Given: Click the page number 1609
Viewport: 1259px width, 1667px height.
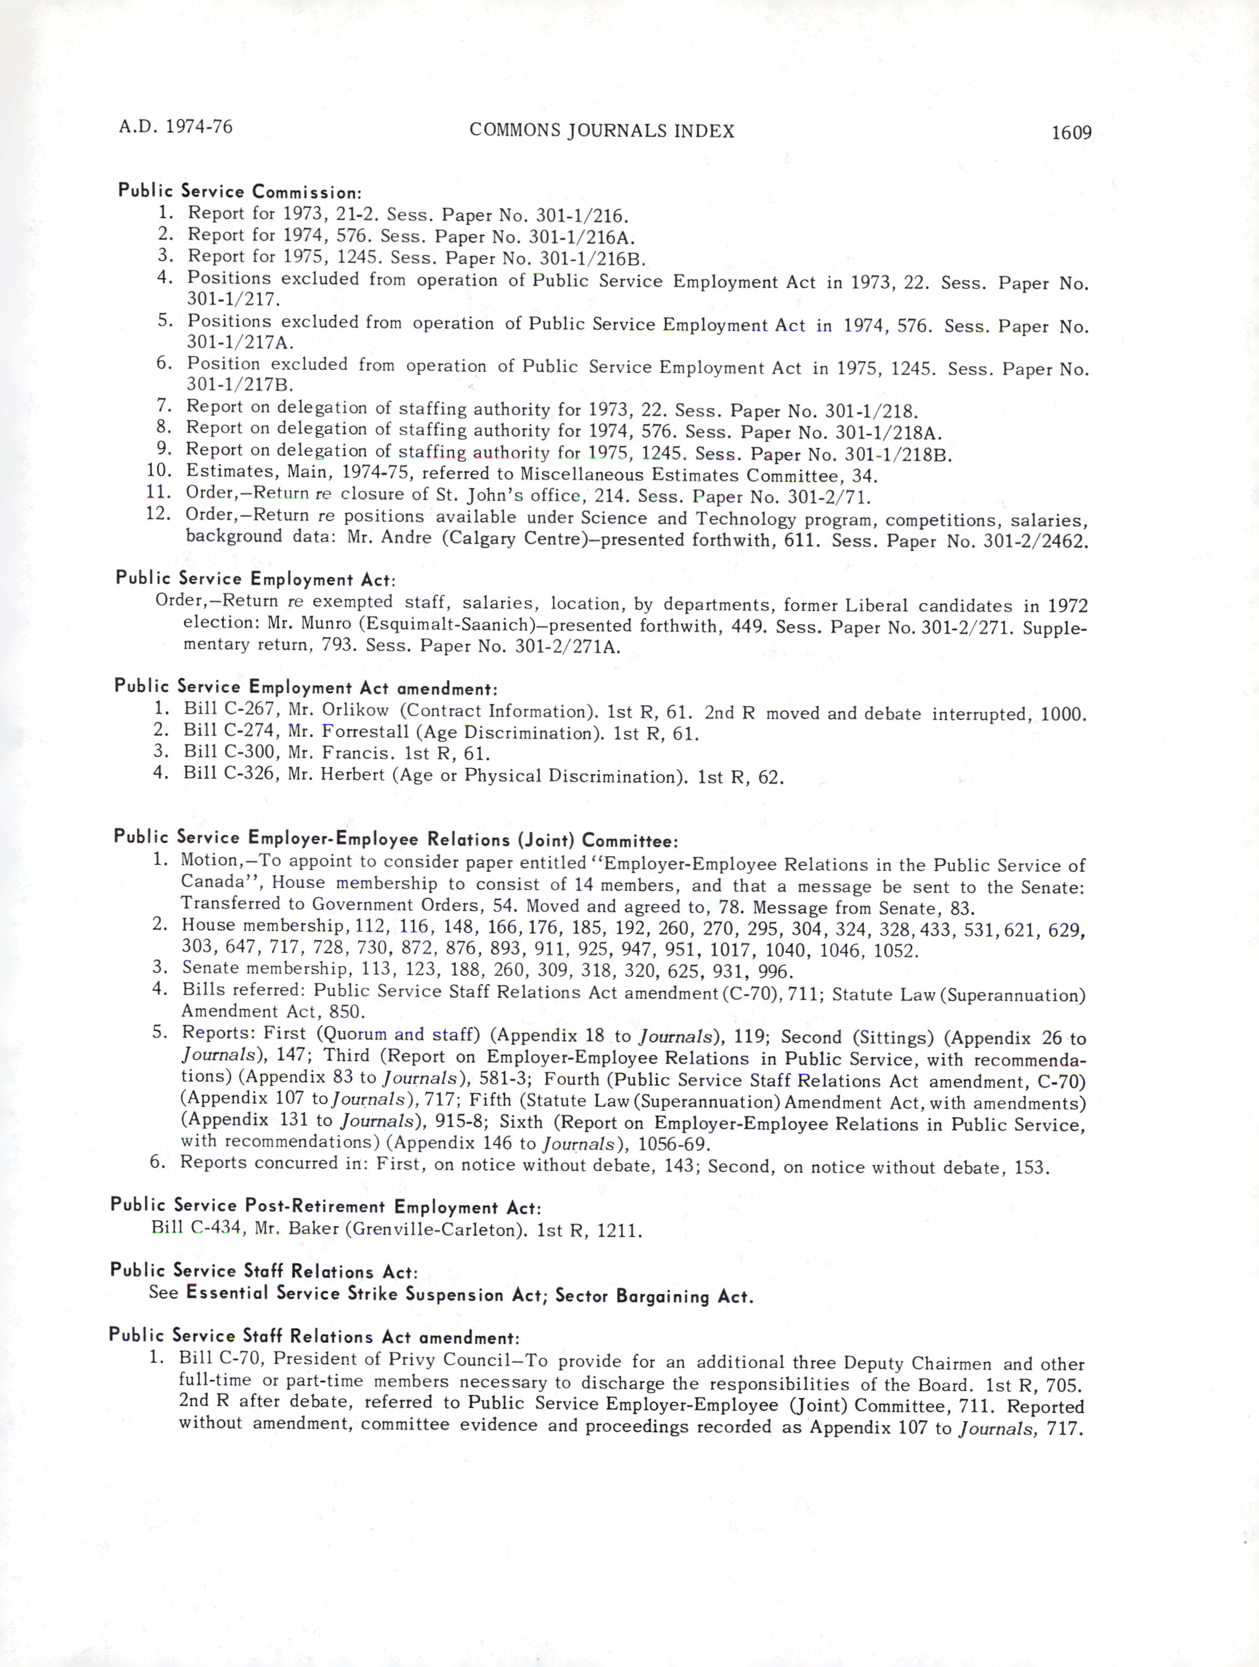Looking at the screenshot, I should (1071, 133).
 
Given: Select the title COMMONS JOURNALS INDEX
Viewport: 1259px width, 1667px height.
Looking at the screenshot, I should (602, 131).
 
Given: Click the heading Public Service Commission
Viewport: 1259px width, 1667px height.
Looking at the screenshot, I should (240, 192).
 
